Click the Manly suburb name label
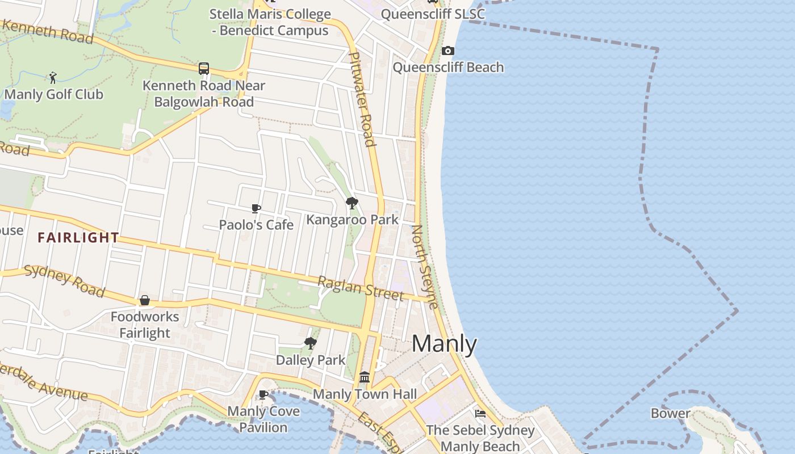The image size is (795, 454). (444, 344)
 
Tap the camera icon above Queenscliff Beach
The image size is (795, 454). (447, 51)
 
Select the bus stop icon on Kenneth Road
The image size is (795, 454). (204, 69)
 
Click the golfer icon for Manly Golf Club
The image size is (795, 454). (53, 77)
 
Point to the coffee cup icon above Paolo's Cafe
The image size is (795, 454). (256, 209)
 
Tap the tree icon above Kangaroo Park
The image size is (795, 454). (352, 203)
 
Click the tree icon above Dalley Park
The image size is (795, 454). (310, 343)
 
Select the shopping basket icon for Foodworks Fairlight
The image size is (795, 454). (145, 300)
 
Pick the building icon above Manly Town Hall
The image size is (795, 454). (365, 377)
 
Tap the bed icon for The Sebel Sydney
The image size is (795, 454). (480, 414)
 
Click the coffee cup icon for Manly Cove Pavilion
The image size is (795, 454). (263, 394)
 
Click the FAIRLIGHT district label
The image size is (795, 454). (78, 238)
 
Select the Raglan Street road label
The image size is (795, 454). (360, 289)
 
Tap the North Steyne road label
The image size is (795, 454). (425, 267)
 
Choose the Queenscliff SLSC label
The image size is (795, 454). (433, 14)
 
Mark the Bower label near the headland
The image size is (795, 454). (670, 413)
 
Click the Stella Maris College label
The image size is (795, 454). (270, 22)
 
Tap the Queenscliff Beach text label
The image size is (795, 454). (448, 68)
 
